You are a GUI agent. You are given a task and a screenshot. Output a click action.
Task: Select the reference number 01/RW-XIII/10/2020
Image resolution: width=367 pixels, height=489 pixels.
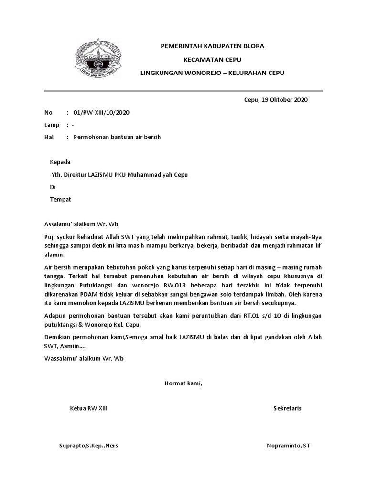[x=101, y=113]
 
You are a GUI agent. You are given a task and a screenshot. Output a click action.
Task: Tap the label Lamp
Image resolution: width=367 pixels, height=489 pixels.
[x=52, y=125]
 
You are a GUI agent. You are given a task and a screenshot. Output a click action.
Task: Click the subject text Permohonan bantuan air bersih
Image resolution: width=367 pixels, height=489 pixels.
[x=117, y=137]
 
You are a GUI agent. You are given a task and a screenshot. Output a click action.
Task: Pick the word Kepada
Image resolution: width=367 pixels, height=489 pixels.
[x=60, y=162]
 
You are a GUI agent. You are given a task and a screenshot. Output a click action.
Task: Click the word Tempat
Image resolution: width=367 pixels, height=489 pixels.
[x=61, y=199]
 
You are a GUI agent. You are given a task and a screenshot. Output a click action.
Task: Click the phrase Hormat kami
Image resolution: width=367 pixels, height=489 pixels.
[x=183, y=383]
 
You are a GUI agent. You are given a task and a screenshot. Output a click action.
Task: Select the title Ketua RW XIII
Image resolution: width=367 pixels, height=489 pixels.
[x=89, y=408]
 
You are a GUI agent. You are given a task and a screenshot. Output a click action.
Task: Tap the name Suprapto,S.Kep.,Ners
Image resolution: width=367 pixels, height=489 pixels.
[x=88, y=446]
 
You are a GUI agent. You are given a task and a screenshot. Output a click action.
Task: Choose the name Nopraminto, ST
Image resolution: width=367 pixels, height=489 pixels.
[x=288, y=446]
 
